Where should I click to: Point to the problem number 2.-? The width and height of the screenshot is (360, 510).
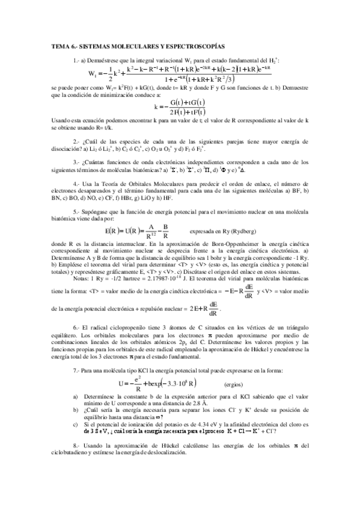coord(76,141)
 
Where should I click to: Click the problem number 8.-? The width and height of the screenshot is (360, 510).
coord(76,462)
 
